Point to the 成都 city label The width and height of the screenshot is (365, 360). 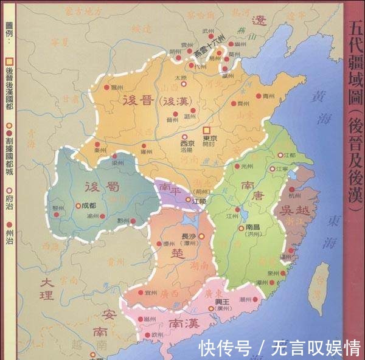pyautogui.click(x=89, y=206)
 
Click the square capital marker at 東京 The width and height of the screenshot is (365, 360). pyautogui.click(x=207, y=130)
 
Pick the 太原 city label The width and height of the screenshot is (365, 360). pyautogui.click(x=180, y=78)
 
